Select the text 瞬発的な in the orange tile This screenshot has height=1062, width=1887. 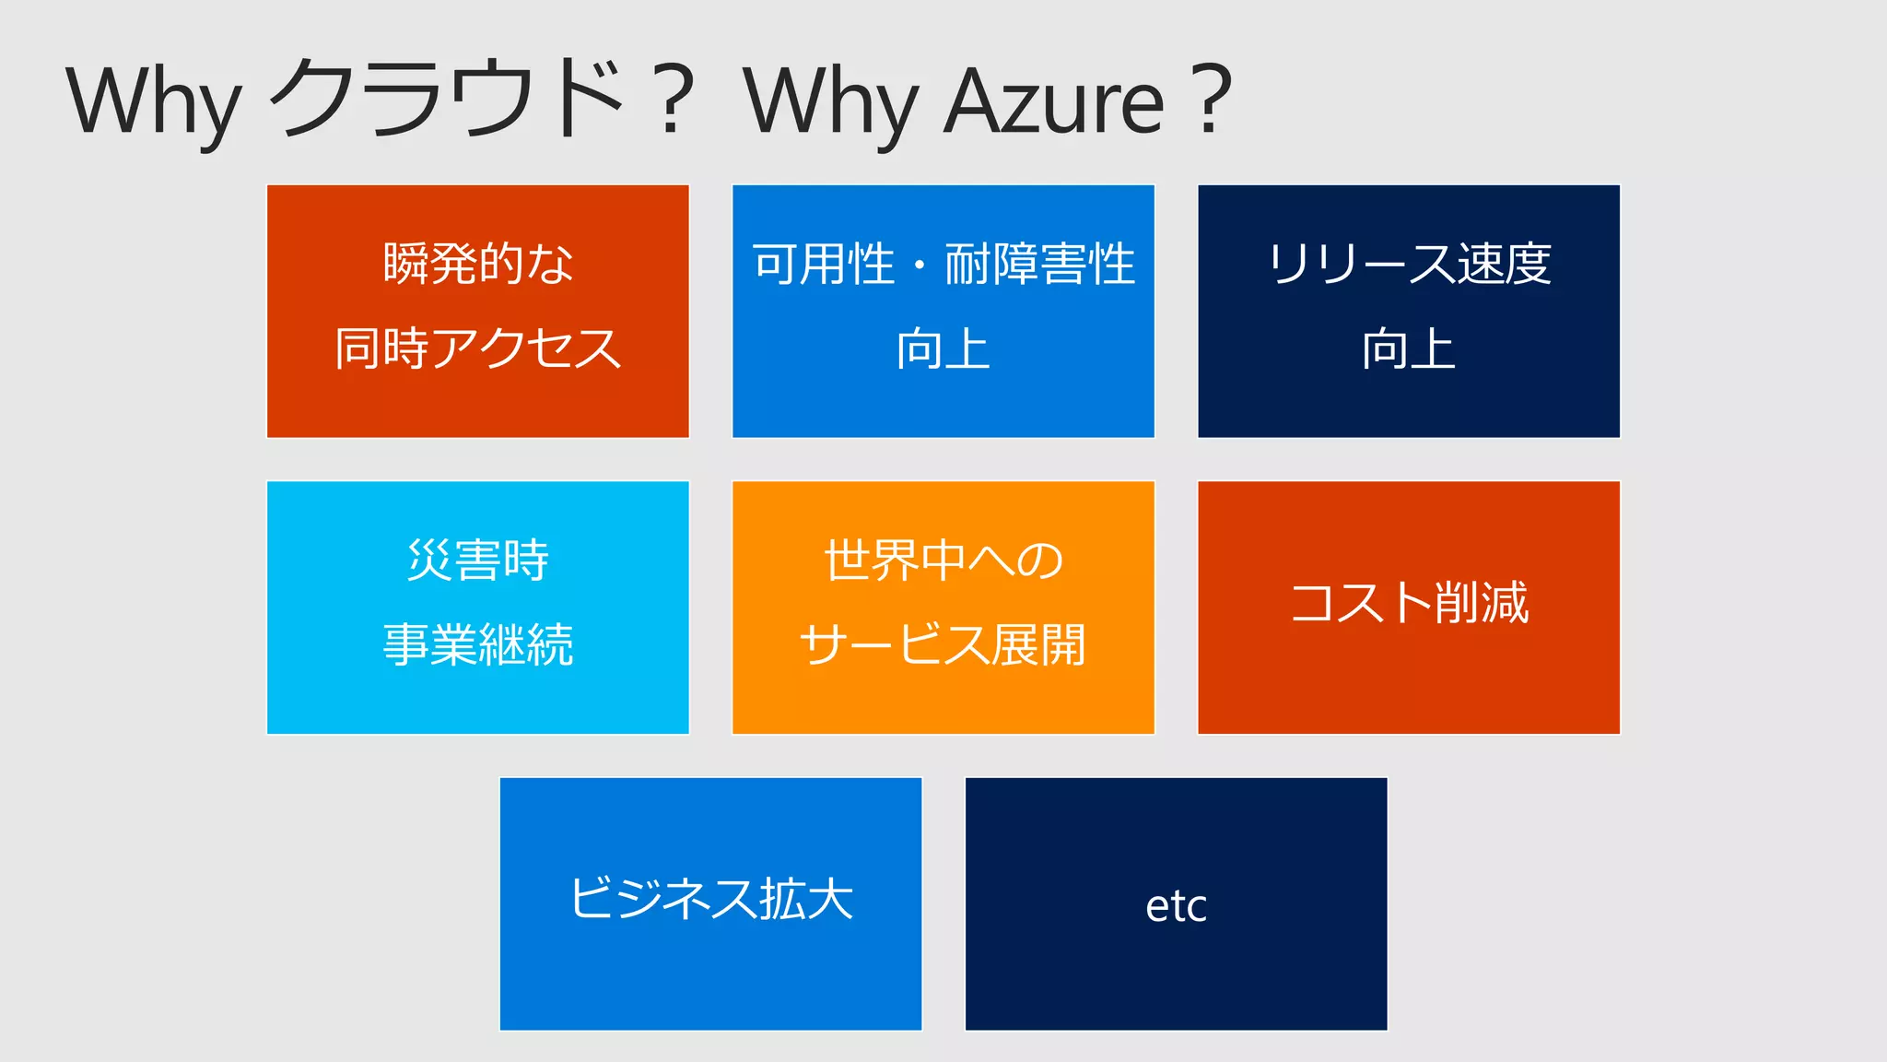click(x=478, y=264)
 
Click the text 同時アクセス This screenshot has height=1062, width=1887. click(x=478, y=348)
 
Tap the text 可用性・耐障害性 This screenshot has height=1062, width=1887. click(x=943, y=264)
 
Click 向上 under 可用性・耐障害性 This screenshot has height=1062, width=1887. click(x=943, y=348)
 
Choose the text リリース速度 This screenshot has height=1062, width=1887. click(x=1409, y=264)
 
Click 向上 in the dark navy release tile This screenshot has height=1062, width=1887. click(x=1409, y=348)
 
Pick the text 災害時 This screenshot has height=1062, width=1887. click(x=478, y=560)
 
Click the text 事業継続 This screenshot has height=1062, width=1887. click(x=478, y=644)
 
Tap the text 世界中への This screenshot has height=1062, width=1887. click(x=943, y=560)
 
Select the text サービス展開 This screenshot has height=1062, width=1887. click(x=943, y=644)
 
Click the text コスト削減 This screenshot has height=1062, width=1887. click(x=1409, y=603)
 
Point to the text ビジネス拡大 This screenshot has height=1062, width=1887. click(x=711, y=899)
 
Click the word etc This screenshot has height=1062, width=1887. click(x=1176, y=905)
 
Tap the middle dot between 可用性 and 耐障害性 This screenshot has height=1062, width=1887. click(x=920, y=265)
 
